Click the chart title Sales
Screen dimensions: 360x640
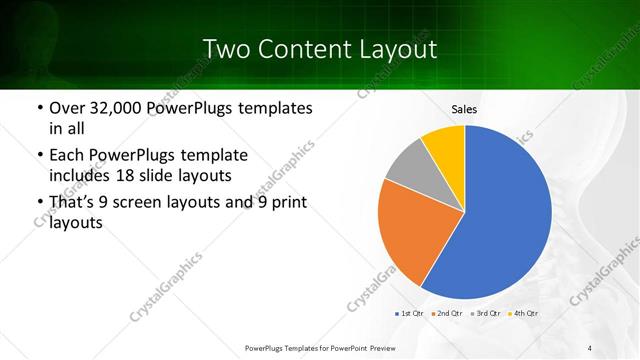(x=464, y=108)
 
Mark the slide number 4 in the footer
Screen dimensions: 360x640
(x=590, y=348)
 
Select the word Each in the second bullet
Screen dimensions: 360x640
(x=67, y=156)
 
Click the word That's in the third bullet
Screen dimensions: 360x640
(x=74, y=203)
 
